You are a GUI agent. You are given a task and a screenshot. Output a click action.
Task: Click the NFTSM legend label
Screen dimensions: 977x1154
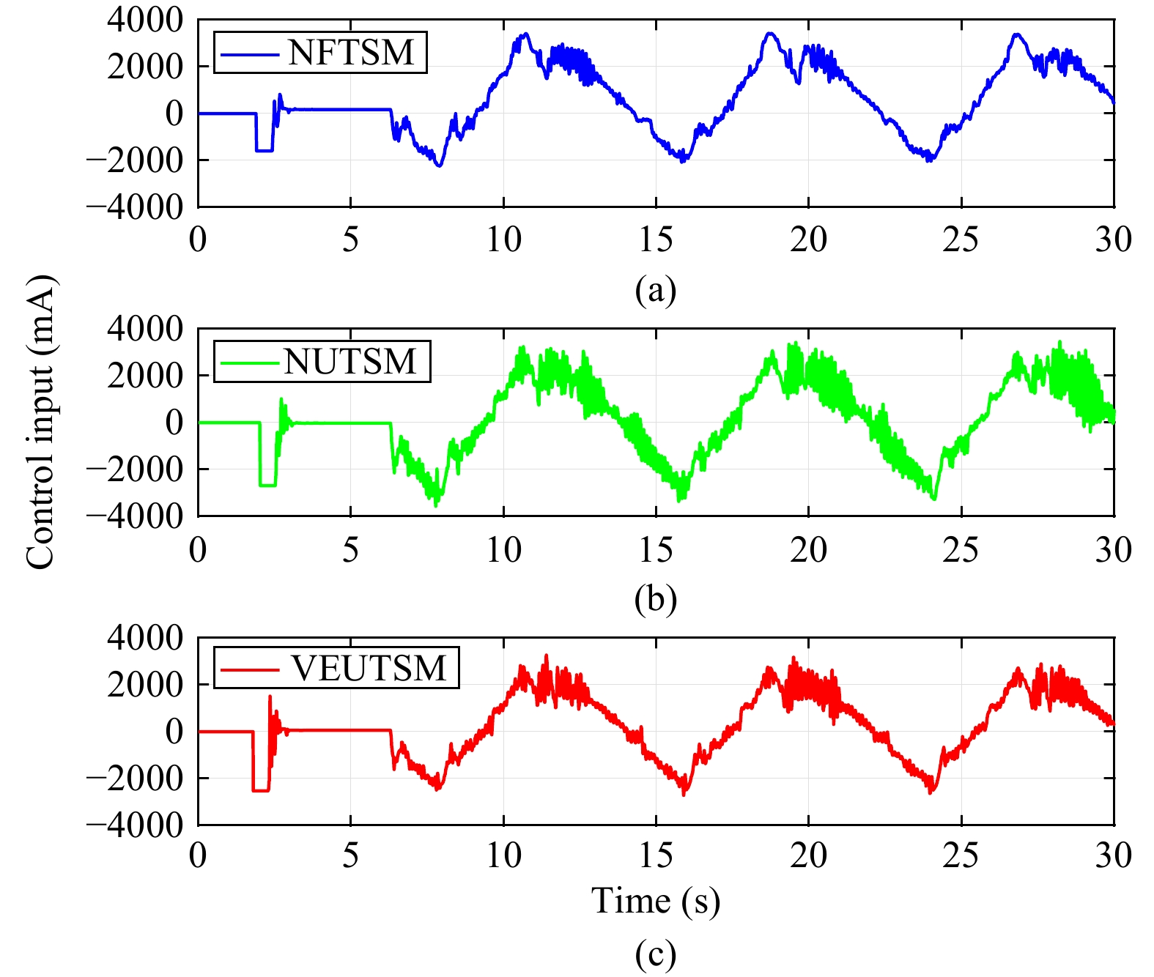click(351, 53)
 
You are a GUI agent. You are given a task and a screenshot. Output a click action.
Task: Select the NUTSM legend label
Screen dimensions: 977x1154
click(350, 362)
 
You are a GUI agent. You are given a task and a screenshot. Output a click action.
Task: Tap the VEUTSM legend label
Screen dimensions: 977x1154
click(369, 668)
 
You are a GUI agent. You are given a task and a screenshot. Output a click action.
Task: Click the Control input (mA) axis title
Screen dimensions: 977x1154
click(40, 423)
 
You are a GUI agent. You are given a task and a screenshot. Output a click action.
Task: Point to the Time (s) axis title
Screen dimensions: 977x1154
click(656, 901)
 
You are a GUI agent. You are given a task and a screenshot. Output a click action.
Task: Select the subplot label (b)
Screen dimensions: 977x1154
click(656, 598)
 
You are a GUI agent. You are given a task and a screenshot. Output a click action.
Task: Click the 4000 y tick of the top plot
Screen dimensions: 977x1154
click(144, 21)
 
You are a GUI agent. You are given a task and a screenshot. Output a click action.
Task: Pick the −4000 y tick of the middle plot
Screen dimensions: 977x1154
click(135, 516)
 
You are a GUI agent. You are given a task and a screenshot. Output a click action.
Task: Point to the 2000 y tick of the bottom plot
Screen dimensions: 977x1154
click(144, 685)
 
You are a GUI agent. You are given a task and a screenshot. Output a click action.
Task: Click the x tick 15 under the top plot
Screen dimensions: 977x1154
click(656, 239)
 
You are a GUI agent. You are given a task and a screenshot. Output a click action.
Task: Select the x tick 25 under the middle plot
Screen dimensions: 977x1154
click(961, 549)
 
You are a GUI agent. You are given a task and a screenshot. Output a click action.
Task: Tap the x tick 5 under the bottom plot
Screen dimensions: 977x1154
click(351, 855)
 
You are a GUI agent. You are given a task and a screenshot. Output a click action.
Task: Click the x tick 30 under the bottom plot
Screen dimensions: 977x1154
click(1114, 855)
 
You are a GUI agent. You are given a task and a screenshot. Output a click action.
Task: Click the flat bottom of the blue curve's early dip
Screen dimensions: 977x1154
click(264, 151)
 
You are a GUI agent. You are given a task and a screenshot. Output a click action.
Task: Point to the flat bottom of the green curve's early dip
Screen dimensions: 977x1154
click(268, 485)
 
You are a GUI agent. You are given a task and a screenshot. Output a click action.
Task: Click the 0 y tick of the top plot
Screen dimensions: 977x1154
click(174, 114)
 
